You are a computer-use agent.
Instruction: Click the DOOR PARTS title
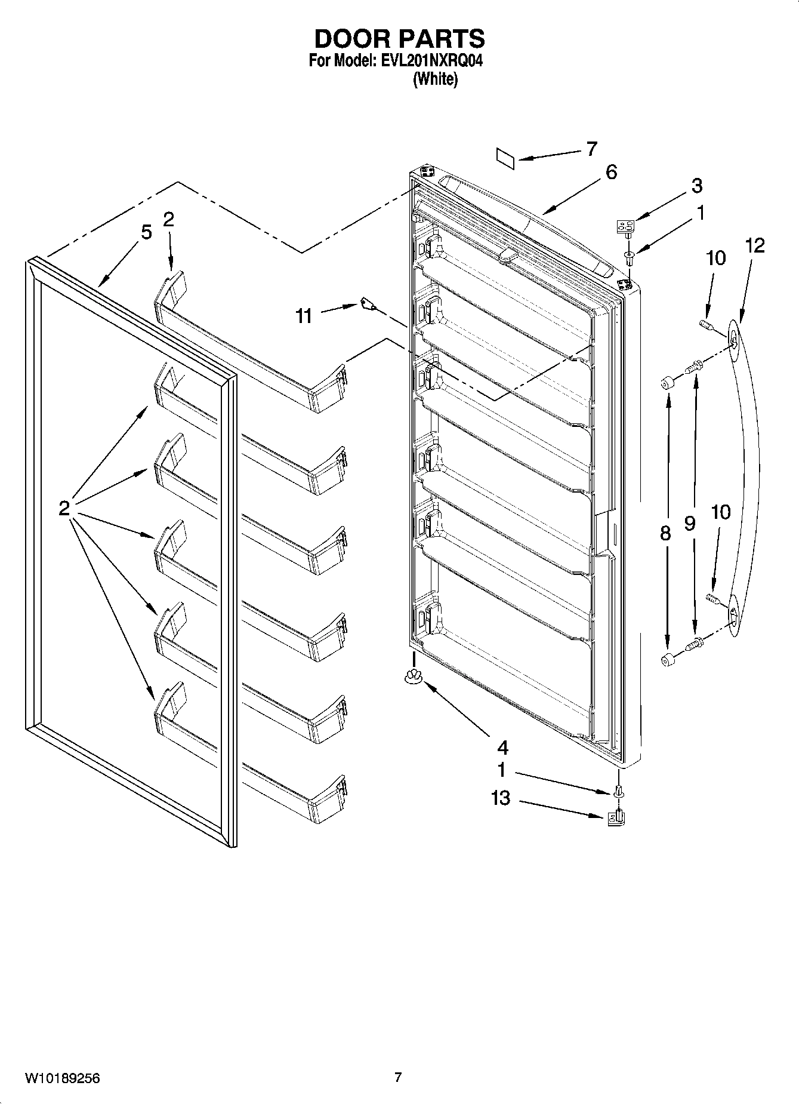(399, 39)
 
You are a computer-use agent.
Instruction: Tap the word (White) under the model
(436, 79)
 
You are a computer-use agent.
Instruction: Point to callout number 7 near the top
(591, 149)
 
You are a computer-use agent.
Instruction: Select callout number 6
(610, 173)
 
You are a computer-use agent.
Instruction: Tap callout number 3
(696, 186)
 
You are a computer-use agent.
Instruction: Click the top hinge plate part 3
(625, 226)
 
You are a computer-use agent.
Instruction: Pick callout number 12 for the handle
(754, 245)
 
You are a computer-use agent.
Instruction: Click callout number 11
(304, 316)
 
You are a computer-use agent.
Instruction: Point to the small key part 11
(368, 305)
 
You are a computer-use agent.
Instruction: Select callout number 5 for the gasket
(146, 232)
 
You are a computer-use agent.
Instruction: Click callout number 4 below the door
(502, 747)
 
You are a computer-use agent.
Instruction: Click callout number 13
(501, 798)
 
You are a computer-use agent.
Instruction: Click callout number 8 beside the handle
(665, 533)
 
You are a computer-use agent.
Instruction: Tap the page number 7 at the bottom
(398, 1077)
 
